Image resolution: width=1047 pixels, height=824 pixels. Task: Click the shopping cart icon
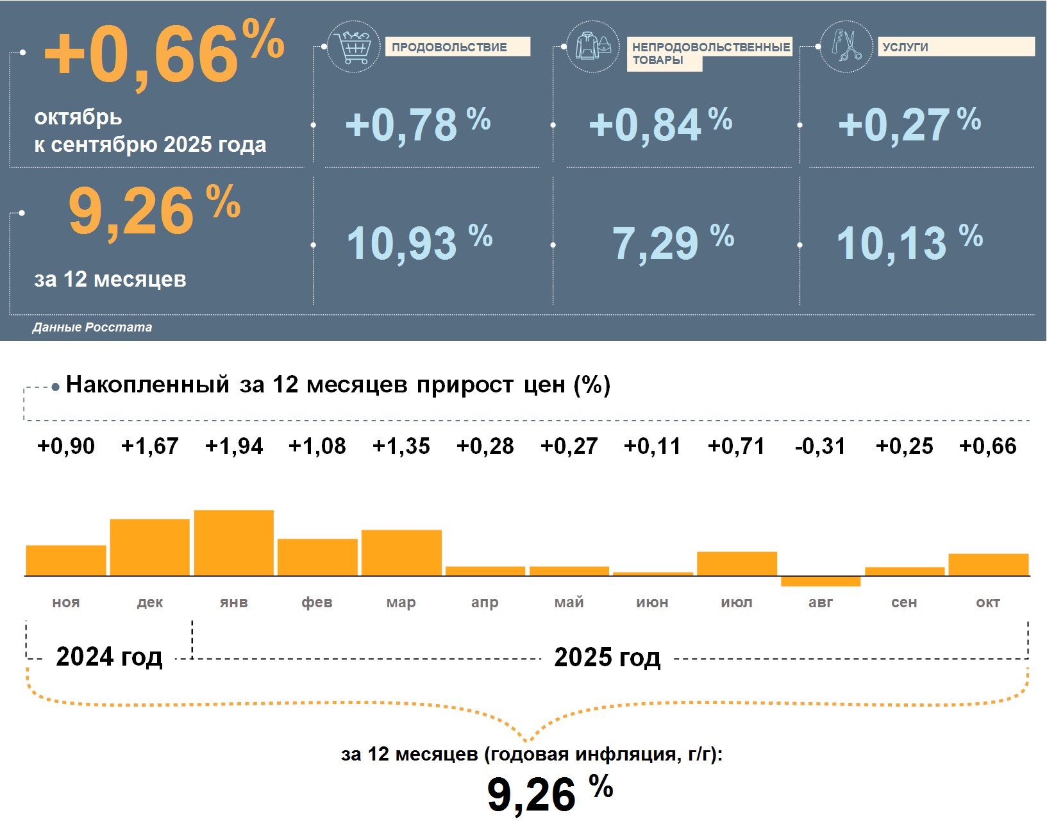tap(353, 47)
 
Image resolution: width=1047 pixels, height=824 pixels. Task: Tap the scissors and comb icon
tap(846, 46)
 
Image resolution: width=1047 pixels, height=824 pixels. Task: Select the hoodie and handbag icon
tap(593, 46)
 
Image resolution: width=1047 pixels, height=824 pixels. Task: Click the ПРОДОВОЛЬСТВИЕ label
tap(457, 47)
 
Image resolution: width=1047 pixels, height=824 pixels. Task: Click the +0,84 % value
tap(660, 124)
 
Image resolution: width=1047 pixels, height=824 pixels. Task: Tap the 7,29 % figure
tap(673, 243)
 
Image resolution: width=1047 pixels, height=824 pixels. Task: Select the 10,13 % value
tap(909, 243)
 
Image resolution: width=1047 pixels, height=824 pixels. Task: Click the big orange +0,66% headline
tap(163, 55)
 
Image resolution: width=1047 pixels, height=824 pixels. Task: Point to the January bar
tap(233, 542)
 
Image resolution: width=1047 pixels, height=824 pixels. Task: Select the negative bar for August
tap(820, 581)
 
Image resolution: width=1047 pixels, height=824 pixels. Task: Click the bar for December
tap(149, 547)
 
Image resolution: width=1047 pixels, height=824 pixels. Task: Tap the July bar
tap(737, 564)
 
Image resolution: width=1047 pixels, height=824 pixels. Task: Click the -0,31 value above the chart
tap(820, 446)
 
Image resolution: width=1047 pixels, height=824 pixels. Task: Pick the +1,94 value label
tap(233, 446)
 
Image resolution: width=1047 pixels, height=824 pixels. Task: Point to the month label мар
tap(401, 602)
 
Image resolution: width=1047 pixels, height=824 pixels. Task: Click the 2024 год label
tap(109, 657)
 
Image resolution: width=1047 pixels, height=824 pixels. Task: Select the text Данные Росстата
tap(92, 327)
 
